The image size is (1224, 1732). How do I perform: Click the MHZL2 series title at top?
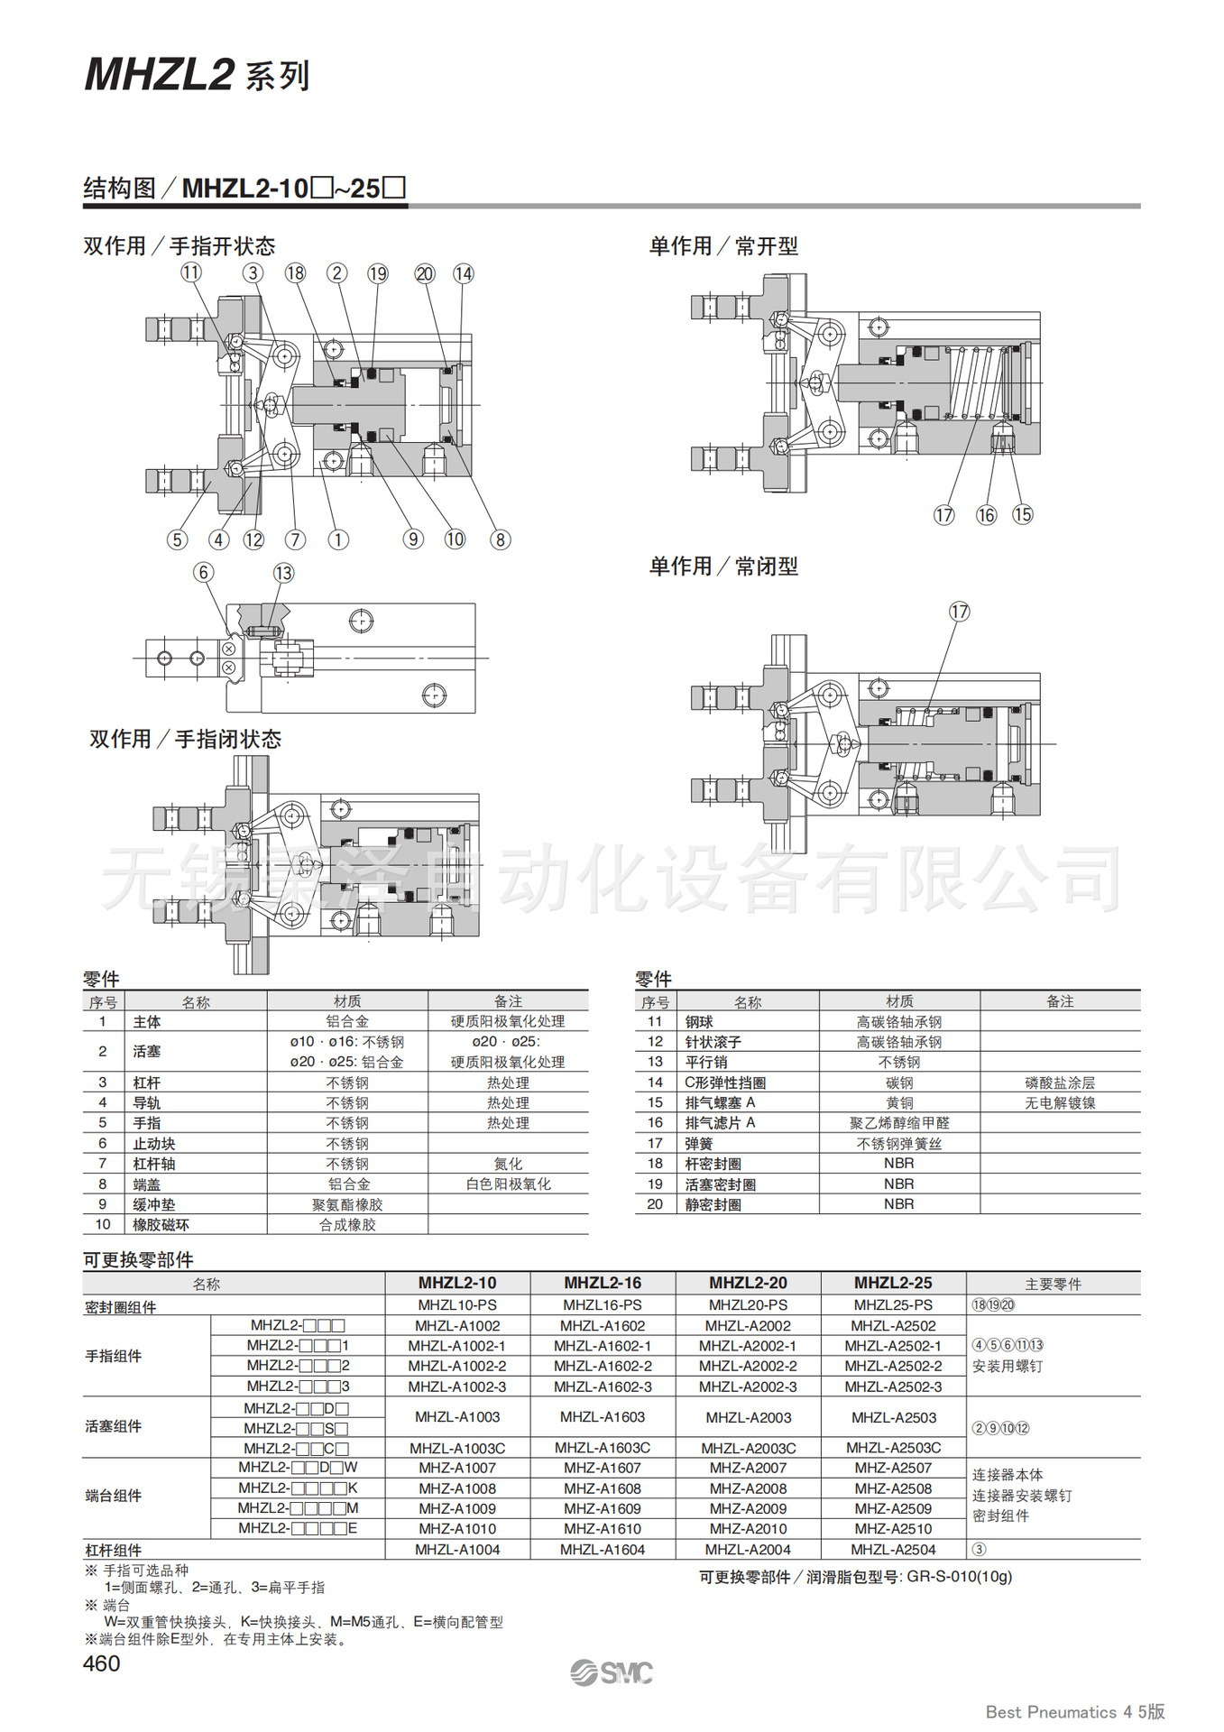click(198, 75)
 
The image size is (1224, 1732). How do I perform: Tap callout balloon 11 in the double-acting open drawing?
click(191, 272)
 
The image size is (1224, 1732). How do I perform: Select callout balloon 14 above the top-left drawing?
click(464, 273)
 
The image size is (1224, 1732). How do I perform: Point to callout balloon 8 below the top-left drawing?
click(500, 539)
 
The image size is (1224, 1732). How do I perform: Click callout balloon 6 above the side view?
click(204, 572)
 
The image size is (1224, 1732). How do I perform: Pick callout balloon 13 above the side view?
click(283, 573)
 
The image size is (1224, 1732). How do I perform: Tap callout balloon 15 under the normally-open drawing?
click(1022, 514)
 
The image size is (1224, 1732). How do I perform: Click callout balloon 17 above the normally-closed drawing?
click(959, 612)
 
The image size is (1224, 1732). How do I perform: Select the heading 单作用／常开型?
click(723, 246)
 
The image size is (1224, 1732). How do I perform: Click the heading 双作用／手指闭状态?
click(185, 739)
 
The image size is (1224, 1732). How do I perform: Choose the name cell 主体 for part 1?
click(147, 1022)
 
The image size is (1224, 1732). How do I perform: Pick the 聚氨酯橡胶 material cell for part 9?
click(347, 1204)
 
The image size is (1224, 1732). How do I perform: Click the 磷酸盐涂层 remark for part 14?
click(1060, 1082)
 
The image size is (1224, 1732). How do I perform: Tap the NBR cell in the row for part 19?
click(899, 1184)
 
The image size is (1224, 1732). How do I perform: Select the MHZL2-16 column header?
click(603, 1283)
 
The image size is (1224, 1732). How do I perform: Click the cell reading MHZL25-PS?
click(893, 1304)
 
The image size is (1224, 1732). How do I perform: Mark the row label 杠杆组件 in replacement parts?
click(114, 1550)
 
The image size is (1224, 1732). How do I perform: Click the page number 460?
click(101, 1663)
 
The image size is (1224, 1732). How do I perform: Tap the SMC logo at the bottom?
click(612, 1672)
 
